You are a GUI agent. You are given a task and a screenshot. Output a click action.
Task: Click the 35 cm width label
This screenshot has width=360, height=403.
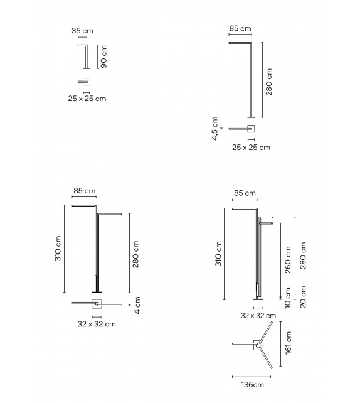click(x=82, y=31)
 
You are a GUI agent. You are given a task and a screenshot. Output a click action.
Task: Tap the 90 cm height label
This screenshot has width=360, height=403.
click(x=103, y=56)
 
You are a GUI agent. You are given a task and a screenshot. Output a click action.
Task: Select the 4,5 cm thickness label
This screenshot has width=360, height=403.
click(x=214, y=129)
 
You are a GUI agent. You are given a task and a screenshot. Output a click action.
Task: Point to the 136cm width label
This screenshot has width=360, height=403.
click(x=252, y=385)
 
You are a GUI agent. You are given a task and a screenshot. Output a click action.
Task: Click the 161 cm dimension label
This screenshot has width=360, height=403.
click(x=288, y=343)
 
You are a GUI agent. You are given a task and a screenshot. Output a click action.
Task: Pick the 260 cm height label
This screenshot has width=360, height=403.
click(x=288, y=260)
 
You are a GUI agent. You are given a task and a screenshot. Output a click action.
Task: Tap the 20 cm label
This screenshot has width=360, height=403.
click(x=303, y=297)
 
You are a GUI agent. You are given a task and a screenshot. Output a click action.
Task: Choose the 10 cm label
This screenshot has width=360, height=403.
click(x=288, y=298)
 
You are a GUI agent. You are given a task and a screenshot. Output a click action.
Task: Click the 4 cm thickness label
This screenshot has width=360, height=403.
click(x=137, y=305)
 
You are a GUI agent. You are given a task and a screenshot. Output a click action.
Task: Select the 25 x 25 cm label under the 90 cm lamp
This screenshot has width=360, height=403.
click(x=87, y=99)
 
